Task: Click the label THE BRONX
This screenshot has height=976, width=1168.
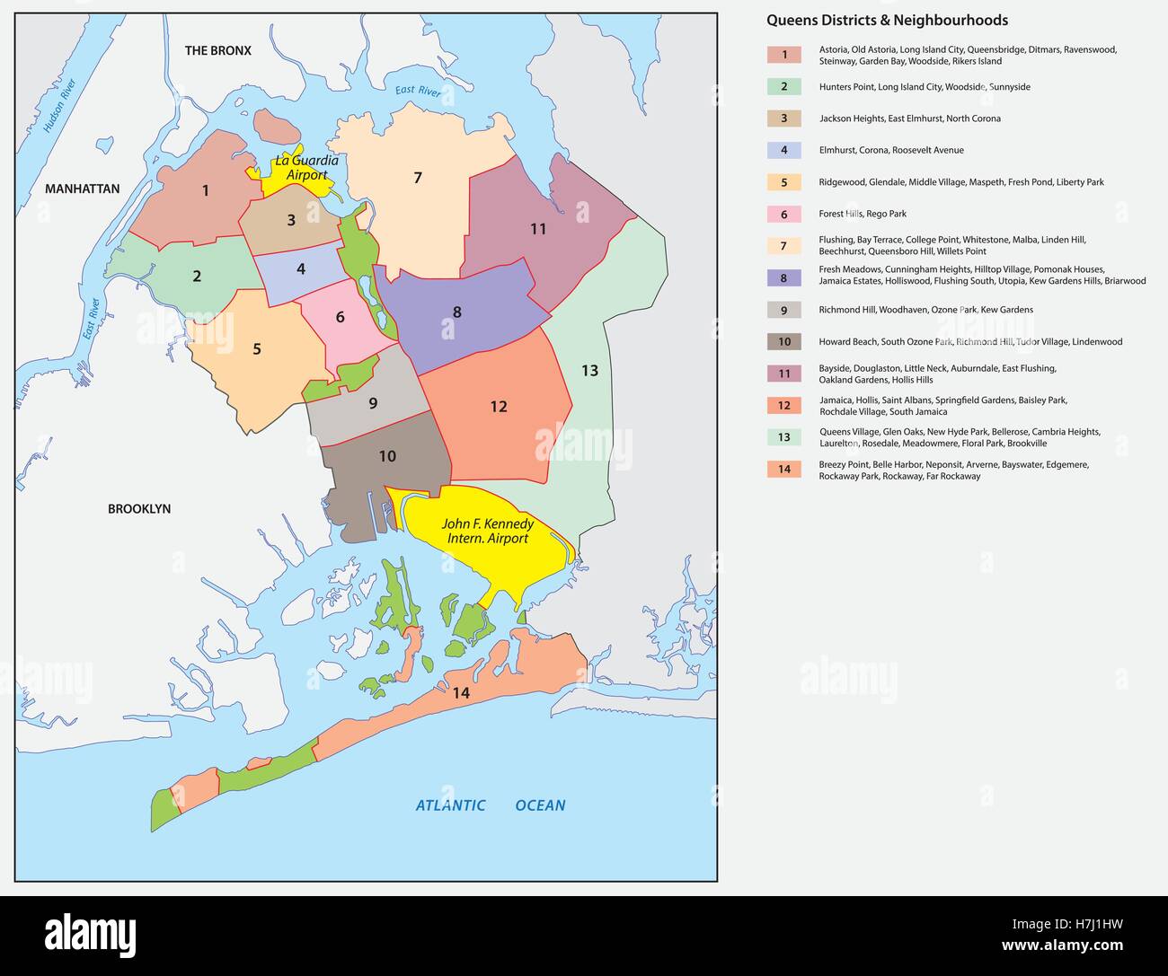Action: [217, 51]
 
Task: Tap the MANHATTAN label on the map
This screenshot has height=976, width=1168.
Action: [82, 189]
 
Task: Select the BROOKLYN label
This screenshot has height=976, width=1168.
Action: [139, 509]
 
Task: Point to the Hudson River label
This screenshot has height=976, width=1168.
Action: [61, 107]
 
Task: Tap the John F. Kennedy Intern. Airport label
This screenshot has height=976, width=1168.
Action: [487, 531]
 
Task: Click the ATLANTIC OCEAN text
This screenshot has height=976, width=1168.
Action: [490, 805]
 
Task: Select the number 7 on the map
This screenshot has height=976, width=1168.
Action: [417, 178]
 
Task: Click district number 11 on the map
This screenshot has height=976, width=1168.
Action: [537, 229]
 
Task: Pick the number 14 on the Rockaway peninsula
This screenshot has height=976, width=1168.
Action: [461, 693]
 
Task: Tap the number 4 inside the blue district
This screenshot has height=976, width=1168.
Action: [301, 268]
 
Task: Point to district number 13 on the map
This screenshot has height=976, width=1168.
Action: [589, 370]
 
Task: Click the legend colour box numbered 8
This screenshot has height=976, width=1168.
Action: [783, 278]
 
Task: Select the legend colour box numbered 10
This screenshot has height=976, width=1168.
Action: [783, 342]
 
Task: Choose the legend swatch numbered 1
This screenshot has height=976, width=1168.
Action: [783, 56]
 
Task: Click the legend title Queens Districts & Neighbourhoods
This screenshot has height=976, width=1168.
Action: [887, 21]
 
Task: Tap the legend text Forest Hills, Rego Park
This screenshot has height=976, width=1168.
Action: [863, 215]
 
